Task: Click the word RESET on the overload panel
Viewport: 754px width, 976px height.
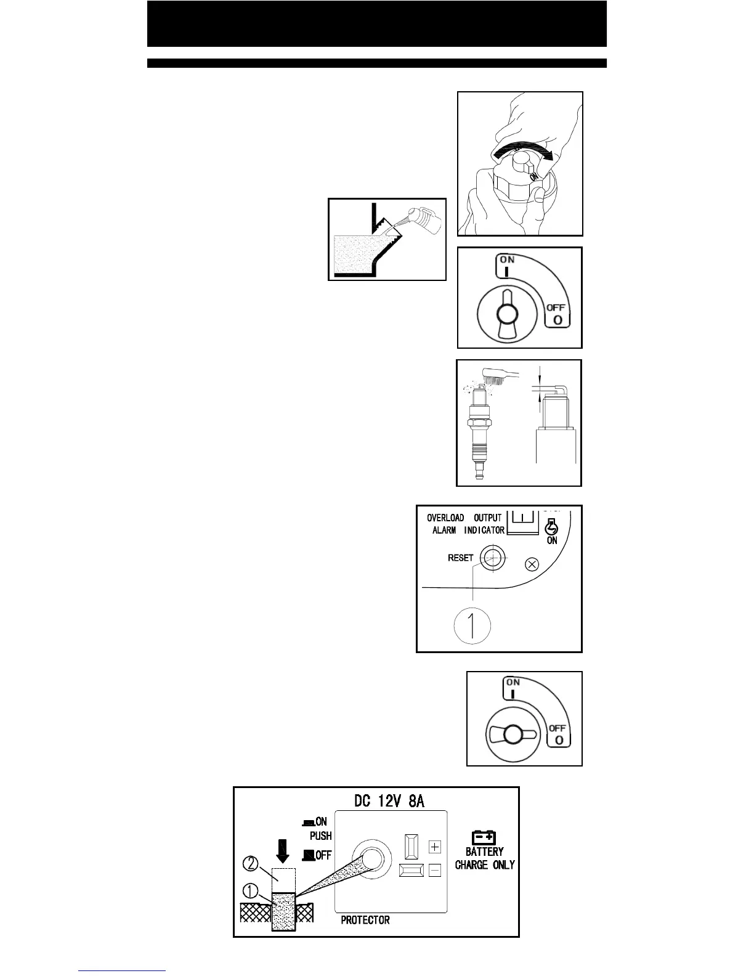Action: pyautogui.click(x=460, y=558)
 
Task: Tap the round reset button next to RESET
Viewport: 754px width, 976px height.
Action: pyautogui.click(x=490, y=558)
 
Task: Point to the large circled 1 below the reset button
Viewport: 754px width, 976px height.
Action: pyautogui.click(x=472, y=626)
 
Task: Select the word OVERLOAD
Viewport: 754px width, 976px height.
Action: pyautogui.click(x=445, y=518)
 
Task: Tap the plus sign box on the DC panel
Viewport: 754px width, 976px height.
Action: pyautogui.click(x=435, y=847)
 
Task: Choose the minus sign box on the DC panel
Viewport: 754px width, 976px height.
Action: pyautogui.click(x=435, y=871)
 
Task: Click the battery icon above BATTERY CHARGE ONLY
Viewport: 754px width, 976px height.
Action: pyautogui.click(x=484, y=836)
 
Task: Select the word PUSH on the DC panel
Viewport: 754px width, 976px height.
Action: pyautogui.click(x=320, y=836)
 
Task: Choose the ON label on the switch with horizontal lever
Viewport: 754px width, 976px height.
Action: pyautogui.click(x=513, y=682)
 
